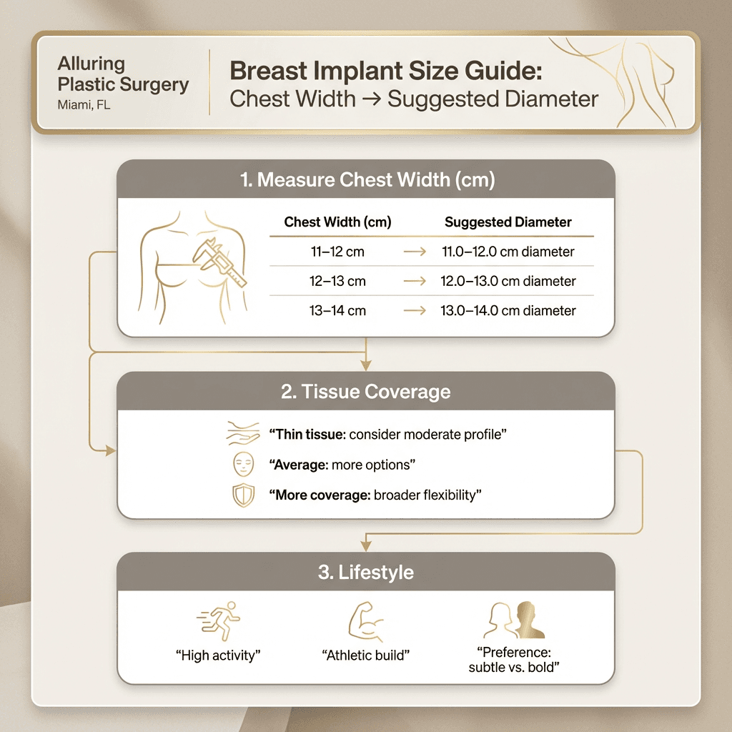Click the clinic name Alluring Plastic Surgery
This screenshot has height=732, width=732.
coord(123,74)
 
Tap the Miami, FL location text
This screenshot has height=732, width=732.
coord(84,105)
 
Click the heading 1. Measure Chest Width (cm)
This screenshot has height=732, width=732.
coord(365,179)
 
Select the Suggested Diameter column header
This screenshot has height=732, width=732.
coord(508,222)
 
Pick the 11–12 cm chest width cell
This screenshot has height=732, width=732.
coord(337,252)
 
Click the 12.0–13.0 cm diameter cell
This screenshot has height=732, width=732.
coord(508,281)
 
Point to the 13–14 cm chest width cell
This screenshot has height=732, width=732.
coord(337,310)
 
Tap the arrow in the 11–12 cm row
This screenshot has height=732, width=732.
coord(415,252)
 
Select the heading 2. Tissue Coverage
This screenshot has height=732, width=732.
coord(365,392)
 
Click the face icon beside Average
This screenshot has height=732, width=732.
coord(243,465)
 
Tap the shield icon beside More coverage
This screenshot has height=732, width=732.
coord(243,495)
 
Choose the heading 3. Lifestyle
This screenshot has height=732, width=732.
coord(365,573)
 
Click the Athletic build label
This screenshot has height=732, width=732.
coord(365,656)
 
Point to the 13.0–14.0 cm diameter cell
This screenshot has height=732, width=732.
coord(508,310)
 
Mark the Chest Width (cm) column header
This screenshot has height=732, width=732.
coord(337,222)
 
